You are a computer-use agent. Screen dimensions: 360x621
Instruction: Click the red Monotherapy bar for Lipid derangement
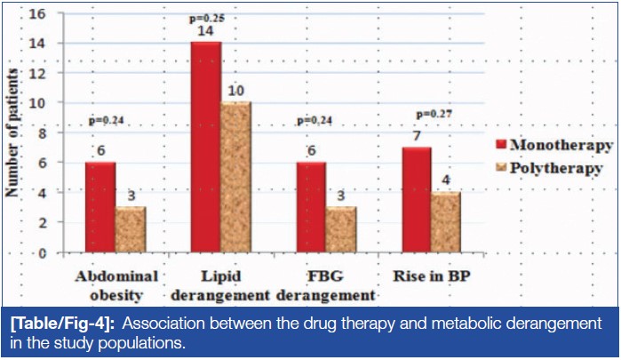(206, 148)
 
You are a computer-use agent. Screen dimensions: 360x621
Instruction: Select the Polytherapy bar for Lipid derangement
(235, 177)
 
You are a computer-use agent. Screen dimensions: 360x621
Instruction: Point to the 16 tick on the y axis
(38, 14)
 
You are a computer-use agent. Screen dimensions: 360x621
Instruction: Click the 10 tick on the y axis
(38, 103)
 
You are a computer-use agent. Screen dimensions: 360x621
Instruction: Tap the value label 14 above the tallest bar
(206, 31)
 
